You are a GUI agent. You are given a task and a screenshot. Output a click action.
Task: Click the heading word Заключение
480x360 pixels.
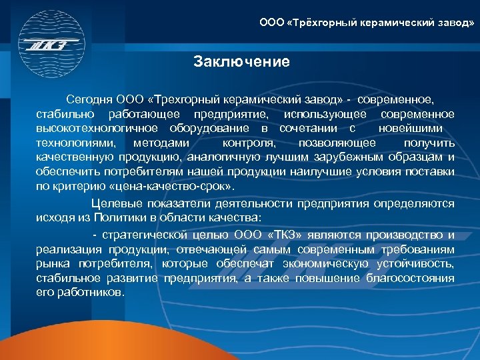click(241, 63)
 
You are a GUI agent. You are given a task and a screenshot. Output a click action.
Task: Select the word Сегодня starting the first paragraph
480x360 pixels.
click(93, 100)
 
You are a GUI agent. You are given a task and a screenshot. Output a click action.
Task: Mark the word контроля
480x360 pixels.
click(248, 143)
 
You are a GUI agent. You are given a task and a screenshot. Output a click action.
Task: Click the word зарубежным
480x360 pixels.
click(347, 157)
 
